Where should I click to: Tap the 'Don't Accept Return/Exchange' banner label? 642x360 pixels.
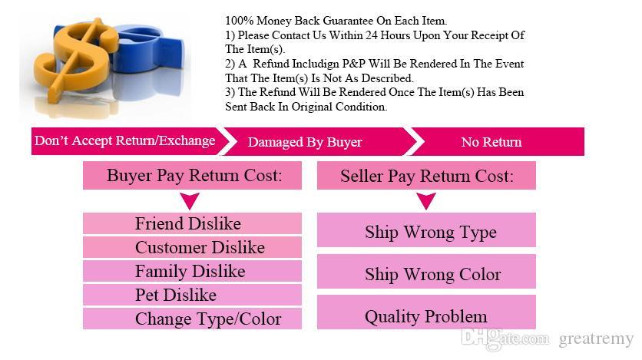coord(125,140)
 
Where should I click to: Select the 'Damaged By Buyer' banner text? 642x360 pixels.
coord(305,142)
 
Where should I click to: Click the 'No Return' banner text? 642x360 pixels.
coord(491,142)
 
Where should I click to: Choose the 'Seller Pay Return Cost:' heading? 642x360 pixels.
coord(426,176)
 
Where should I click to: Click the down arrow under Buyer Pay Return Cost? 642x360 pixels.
coord(190,201)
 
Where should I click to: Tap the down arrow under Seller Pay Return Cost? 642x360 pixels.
coord(425,201)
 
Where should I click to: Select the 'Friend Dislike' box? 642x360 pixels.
coord(193,223)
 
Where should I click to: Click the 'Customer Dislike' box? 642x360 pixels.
coord(193,247)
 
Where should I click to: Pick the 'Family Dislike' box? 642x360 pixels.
coord(193,271)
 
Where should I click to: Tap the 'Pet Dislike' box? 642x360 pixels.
coord(193,295)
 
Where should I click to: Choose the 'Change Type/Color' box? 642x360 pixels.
coord(193,319)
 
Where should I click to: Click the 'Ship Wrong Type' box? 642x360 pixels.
coord(426,230)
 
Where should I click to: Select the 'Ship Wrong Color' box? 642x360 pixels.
coord(426,271)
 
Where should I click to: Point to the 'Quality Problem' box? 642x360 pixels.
coord(426,312)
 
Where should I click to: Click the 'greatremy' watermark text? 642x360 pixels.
coord(596,339)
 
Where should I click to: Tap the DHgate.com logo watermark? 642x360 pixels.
coord(505,339)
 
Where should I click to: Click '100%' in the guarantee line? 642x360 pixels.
coord(239,21)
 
